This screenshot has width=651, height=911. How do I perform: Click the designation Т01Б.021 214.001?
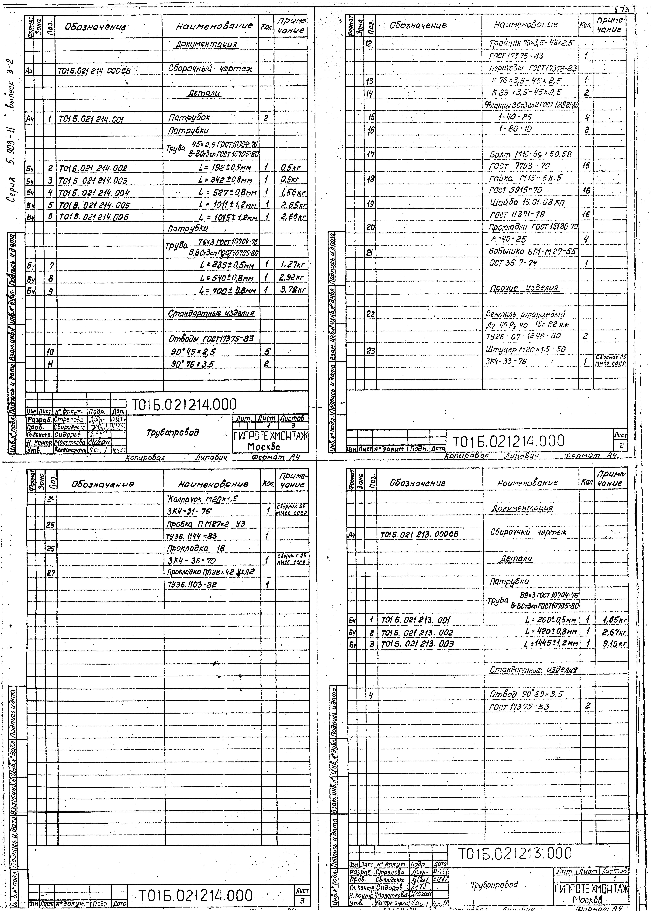click(x=91, y=119)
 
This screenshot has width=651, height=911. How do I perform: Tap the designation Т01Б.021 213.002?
click(x=417, y=633)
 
